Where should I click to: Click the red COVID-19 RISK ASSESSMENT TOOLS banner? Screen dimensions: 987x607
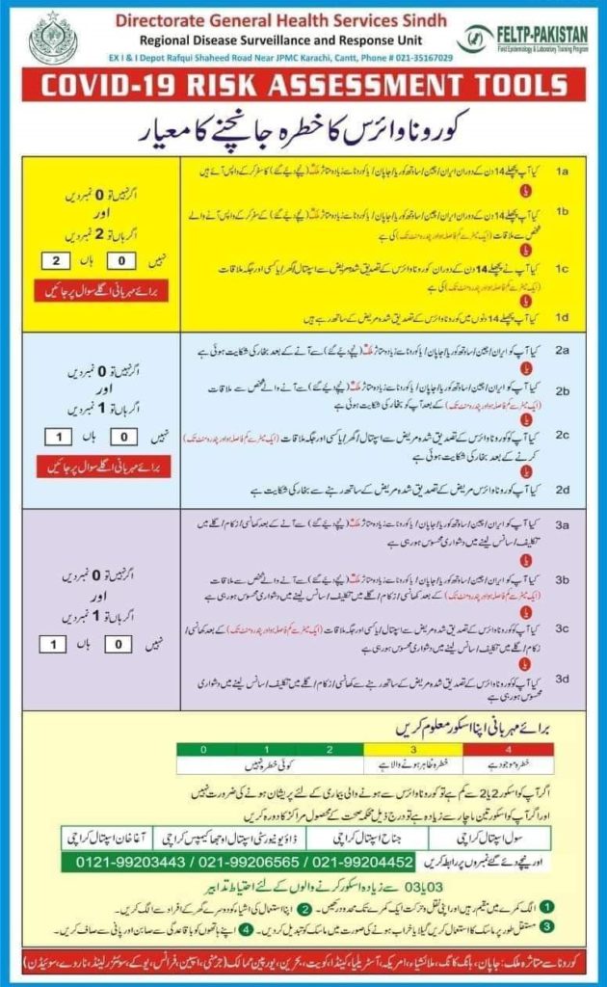point(303,86)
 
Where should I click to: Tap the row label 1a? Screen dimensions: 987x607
point(564,171)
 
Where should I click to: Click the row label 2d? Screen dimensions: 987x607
point(564,489)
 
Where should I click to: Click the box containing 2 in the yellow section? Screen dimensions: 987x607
point(57,259)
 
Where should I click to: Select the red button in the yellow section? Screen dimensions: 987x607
point(98,290)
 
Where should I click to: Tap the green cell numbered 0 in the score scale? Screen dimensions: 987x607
point(203,748)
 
